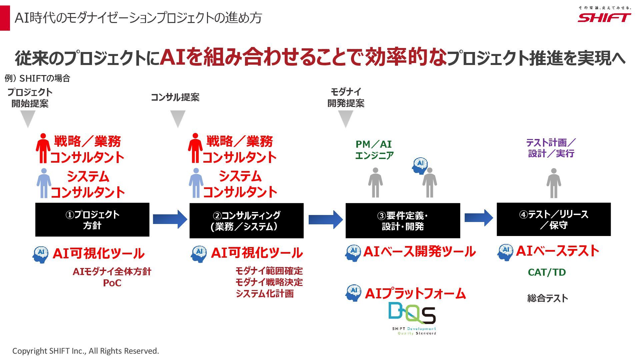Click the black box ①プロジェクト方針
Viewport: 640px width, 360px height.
[92, 220]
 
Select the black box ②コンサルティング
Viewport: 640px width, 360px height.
[246, 221]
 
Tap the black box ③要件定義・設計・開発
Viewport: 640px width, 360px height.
[403, 221]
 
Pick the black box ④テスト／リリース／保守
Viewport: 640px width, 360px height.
[553, 219]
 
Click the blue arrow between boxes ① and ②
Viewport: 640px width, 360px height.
[170, 219]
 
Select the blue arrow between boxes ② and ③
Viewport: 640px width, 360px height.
[325, 219]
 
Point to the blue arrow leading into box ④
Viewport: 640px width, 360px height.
[478, 218]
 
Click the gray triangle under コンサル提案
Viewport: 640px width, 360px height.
[178, 119]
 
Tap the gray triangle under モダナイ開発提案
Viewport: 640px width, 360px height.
[346, 119]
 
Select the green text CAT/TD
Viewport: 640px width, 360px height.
[547, 272]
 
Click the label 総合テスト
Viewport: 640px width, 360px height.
[547, 298]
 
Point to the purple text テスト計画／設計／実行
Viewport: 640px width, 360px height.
[551, 148]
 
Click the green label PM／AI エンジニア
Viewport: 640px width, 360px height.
[374, 150]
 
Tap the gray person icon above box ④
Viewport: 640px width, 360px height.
[553, 183]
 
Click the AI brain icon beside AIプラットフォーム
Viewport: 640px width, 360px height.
[353, 293]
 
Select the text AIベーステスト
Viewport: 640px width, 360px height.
[557, 251]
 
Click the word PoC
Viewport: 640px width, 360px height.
[112, 283]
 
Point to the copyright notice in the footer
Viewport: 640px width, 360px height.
[86, 351]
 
